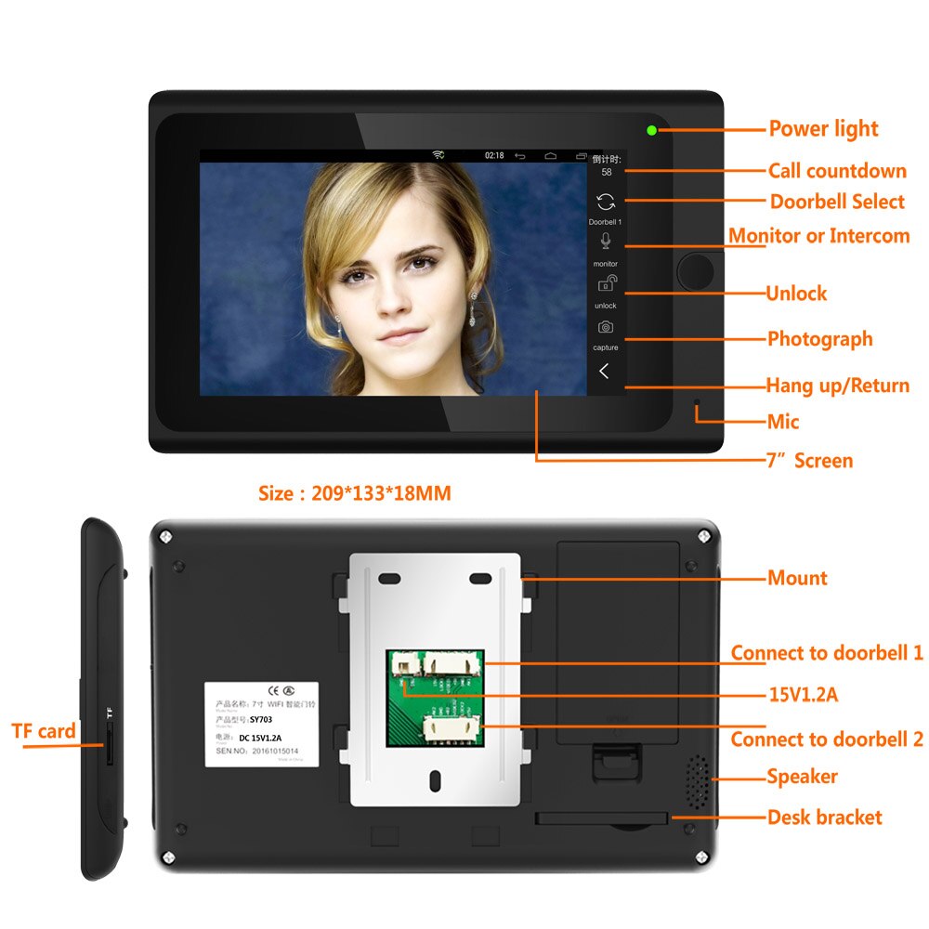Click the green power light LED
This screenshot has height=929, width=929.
click(x=652, y=131)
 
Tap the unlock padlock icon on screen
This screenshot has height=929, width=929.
click(x=605, y=285)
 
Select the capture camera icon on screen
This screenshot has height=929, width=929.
click(x=605, y=327)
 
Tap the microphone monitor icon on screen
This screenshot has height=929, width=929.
click(x=605, y=242)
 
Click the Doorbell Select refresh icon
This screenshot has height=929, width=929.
click(x=605, y=202)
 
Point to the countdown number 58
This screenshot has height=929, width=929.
click(x=606, y=173)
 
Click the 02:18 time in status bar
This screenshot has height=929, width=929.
click(x=494, y=155)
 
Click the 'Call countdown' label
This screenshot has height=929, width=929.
click(x=836, y=171)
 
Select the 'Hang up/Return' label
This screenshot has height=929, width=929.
click(x=837, y=386)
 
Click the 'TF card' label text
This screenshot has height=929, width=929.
click(x=44, y=732)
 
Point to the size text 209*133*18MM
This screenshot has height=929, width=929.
click(x=354, y=493)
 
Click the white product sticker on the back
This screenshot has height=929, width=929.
click(x=261, y=724)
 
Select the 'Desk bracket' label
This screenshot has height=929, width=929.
click(x=824, y=818)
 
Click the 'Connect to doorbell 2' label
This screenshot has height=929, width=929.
click(x=827, y=739)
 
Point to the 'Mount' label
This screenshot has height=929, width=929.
click(x=797, y=578)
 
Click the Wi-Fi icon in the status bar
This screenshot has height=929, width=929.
click(x=438, y=155)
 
